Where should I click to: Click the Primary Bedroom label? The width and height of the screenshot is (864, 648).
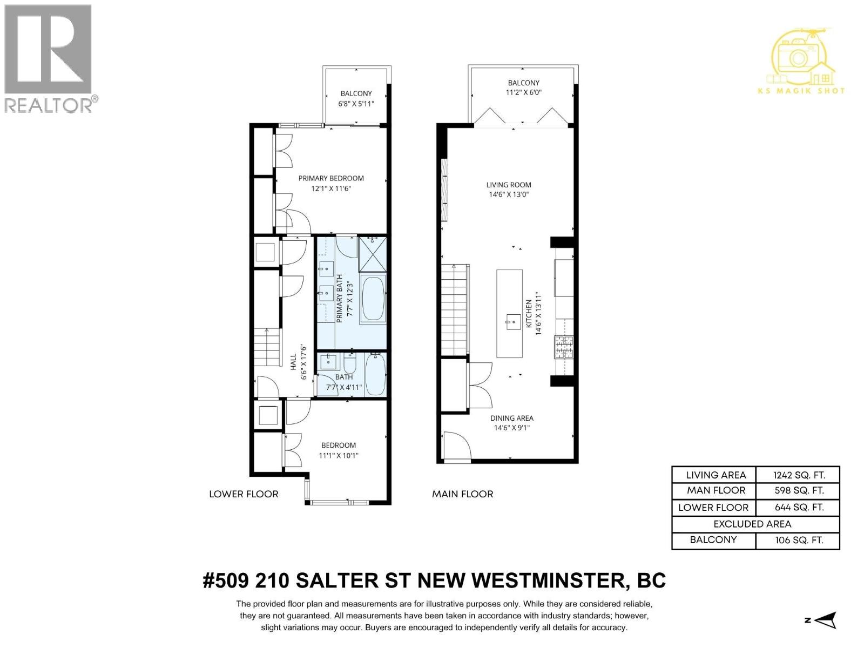pos(331,178)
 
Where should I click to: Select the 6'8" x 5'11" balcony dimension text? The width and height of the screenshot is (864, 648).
pos(356,104)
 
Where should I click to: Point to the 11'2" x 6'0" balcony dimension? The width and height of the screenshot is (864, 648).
pos(523,92)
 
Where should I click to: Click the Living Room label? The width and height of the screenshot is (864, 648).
pos(509,185)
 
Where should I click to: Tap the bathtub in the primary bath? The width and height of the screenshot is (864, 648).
pos(373,299)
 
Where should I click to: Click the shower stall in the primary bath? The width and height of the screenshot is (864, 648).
pos(373,254)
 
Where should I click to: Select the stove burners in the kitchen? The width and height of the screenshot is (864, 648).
pos(564,347)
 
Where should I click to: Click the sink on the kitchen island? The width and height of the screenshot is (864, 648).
pos(512,324)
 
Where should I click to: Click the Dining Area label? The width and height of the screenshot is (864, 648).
pos(511,418)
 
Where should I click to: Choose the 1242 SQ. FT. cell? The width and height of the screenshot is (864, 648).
pos(798,475)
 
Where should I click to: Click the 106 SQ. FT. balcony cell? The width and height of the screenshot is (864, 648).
pos(798,540)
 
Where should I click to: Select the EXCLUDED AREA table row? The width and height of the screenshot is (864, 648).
pos(755,524)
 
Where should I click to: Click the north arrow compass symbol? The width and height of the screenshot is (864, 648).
pos(825,620)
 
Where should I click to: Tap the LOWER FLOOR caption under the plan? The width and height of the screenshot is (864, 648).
pos(244,494)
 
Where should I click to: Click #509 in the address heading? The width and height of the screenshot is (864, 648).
pos(225,581)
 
